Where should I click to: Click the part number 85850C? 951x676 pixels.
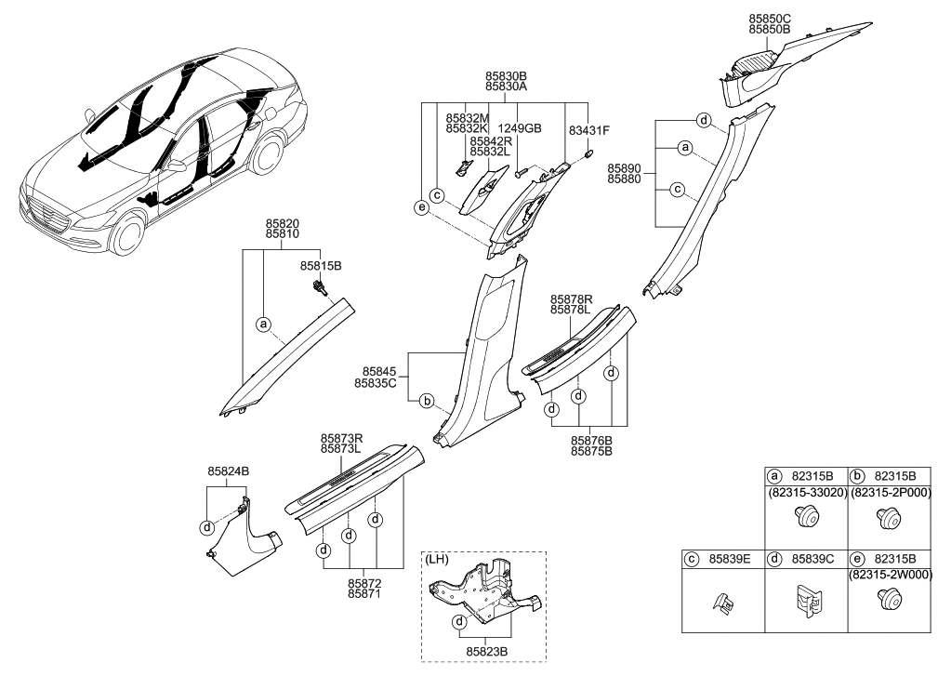pos(769,18)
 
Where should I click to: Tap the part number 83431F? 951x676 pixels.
pos(588,130)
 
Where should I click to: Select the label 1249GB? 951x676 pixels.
pos(520,130)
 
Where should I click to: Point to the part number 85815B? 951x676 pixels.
pos(321,266)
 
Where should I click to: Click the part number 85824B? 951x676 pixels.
pos(228,471)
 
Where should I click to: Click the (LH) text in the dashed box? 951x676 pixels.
pos(437,561)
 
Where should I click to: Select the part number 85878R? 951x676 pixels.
pos(572,298)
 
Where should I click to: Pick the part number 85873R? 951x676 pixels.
pos(341,436)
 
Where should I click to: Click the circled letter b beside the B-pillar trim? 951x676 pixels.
pos(427,402)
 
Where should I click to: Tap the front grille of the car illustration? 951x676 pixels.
pos(49,221)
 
